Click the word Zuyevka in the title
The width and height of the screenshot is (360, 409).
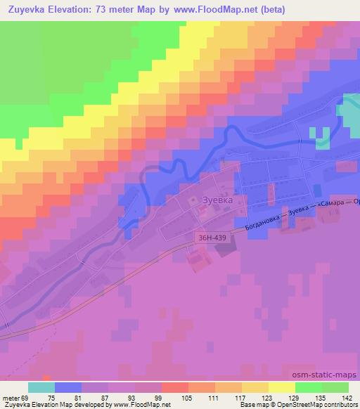pyautogui.click(x=27, y=8)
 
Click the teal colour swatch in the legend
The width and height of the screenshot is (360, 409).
pyautogui.click(x=41, y=387)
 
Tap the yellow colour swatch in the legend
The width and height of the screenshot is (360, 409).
pyautogui.click(x=281, y=387)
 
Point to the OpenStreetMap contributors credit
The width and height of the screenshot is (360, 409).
pyautogui.click(x=316, y=405)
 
